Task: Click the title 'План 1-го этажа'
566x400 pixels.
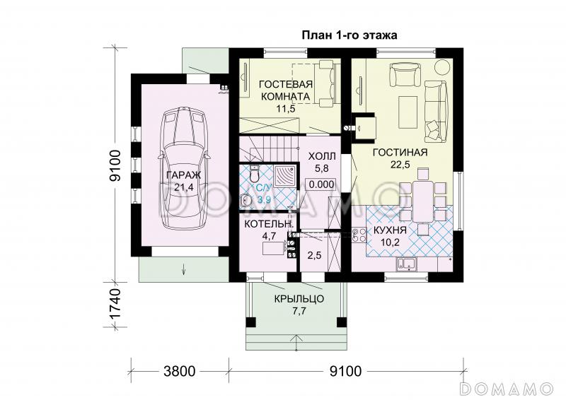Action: (x=350, y=35)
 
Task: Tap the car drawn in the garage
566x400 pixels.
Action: (x=184, y=169)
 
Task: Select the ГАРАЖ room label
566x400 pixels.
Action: (x=183, y=175)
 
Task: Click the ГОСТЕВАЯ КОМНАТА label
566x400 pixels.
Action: (x=286, y=90)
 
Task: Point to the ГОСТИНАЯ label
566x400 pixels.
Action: (x=400, y=152)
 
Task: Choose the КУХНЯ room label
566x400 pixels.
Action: (x=390, y=230)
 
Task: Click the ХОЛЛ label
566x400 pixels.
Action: (x=322, y=157)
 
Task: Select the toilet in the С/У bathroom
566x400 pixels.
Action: (x=255, y=173)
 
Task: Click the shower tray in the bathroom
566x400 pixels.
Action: (x=285, y=177)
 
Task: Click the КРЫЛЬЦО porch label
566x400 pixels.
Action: (x=299, y=299)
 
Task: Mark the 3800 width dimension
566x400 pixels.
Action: (x=180, y=371)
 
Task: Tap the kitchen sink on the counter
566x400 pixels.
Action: (x=406, y=264)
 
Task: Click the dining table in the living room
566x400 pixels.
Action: (x=423, y=201)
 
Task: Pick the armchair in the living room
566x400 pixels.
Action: (x=405, y=74)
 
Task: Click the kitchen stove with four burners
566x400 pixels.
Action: (x=359, y=235)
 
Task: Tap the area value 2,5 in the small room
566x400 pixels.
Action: (x=314, y=255)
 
